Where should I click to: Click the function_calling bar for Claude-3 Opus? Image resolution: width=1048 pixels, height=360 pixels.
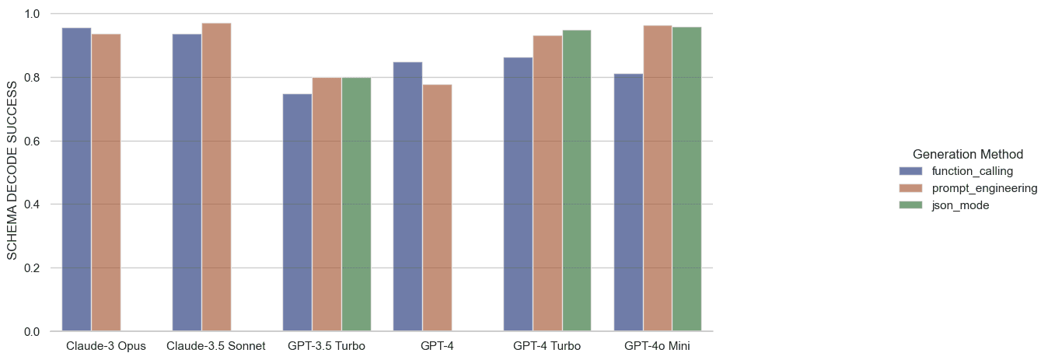coord(76,180)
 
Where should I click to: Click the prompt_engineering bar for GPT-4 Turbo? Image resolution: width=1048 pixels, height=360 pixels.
coord(547,183)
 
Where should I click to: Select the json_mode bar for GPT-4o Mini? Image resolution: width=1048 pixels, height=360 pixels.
coord(687,180)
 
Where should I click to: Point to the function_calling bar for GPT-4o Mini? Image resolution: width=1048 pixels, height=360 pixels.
coord(628,203)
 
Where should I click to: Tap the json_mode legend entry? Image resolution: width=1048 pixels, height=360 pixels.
coord(960,205)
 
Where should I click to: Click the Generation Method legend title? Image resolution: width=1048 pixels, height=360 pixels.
coord(967,153)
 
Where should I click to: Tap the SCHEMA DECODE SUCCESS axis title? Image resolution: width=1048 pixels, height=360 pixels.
coord(13,173)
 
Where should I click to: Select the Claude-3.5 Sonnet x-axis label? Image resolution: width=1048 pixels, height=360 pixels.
coord(216,345)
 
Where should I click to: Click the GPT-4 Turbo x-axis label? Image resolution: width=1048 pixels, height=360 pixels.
coord(547,345)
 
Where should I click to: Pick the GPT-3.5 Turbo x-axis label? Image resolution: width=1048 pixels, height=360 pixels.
coord(327,345)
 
